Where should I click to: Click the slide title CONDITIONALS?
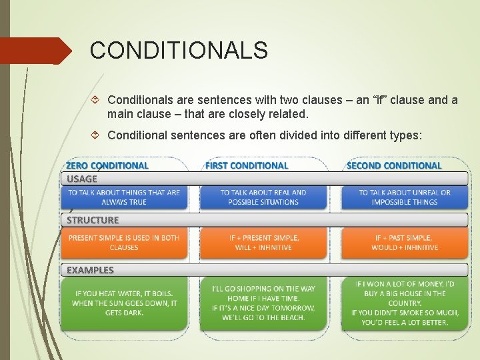(x=179, y=51)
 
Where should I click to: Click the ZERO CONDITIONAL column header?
(x=107, y=165)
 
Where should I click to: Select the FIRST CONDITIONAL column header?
(x=247, y=165)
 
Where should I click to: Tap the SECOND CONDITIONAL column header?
(x=394, y=165)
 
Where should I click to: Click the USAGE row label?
(x=82, y=179)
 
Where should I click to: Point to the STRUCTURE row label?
(x=93, y=220)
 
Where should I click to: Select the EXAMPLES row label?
(x=90, y=270)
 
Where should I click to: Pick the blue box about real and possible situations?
(x=263, y=197)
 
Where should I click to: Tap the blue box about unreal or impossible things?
(x=405, y=197)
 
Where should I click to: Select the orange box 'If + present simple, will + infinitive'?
(x=263, y=243)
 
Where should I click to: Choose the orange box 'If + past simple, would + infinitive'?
(x=405, y=243)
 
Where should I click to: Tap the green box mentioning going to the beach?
(x=263, y=303)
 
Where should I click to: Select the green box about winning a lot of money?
(x=405, y=303)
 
